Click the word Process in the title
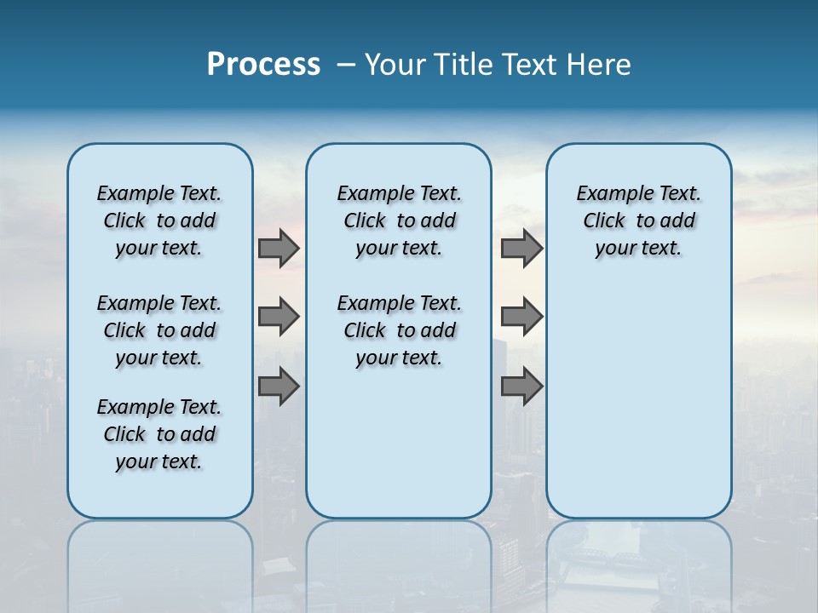263,65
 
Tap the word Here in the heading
601,65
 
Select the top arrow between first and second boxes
279,248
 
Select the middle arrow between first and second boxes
279,317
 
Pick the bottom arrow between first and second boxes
279,387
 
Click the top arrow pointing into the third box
521,248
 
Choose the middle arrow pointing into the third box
521,317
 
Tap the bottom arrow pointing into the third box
521,387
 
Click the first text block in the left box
159,221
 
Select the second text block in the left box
159,330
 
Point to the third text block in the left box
159,434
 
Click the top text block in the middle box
399,221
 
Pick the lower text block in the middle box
399,330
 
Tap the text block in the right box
638,221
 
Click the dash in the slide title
346,66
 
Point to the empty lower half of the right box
638,400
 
